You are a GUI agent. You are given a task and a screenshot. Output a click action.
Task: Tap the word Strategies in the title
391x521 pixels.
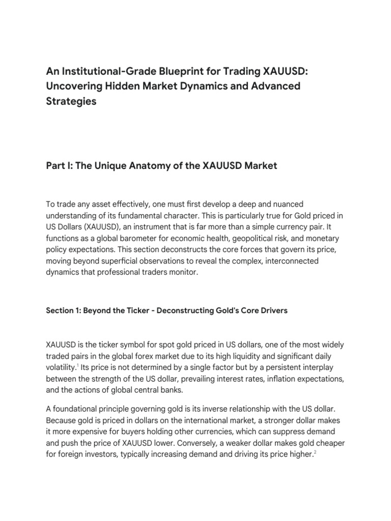[71, 101]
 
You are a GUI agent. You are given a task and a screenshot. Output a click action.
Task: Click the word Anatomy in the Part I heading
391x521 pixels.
[146, 166]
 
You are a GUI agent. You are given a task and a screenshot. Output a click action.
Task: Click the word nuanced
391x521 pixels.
[275, 205]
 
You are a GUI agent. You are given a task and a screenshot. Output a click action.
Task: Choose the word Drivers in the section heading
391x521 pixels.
[271, 310]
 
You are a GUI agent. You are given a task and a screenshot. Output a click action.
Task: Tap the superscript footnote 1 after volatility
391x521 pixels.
[77, 365]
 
